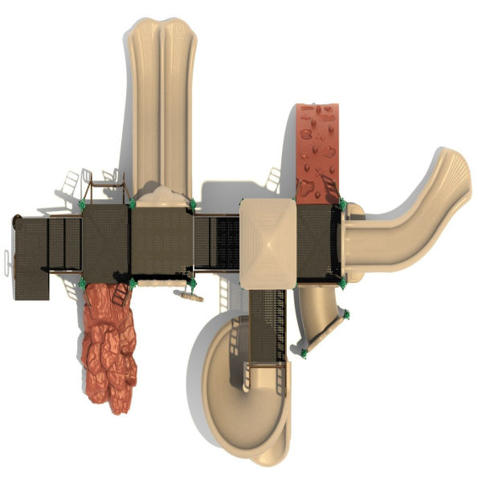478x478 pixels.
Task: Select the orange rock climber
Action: [x=109, y=345]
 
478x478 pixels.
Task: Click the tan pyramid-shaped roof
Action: [x=268, y=240]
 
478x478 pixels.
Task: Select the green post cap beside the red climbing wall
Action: [x=342, y=204]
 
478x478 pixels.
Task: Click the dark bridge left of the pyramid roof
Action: [x=217, y=242]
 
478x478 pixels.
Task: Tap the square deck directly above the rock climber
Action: [x=106, y=240]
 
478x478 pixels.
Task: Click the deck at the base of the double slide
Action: [x=161, y=240]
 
